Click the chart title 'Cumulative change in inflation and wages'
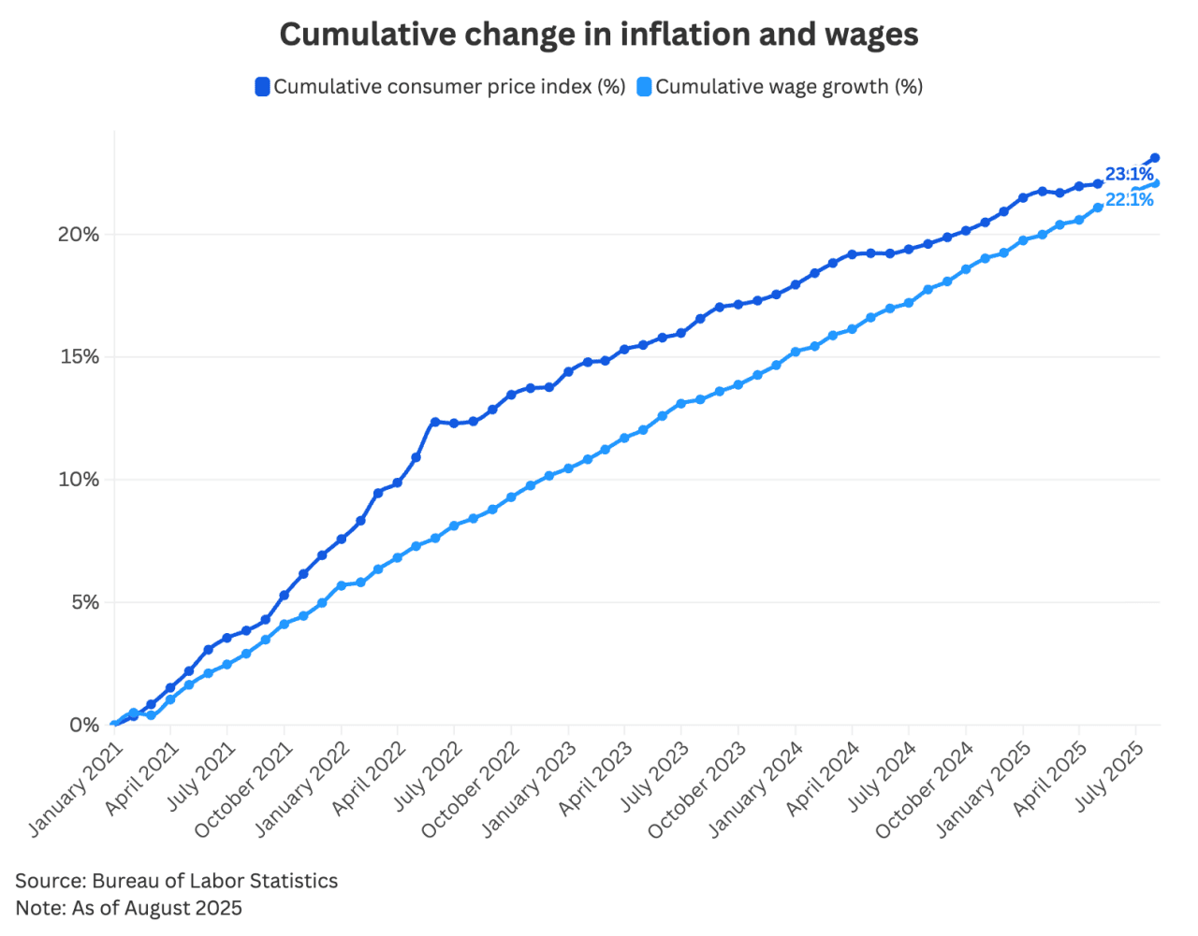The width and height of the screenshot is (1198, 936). pos(599,35)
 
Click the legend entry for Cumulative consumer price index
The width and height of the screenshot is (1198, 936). pos(440,87)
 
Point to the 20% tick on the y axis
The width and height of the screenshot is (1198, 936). pos(79,235)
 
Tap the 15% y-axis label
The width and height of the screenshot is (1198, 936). pos(80,357)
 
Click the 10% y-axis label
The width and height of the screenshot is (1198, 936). pos(79,480)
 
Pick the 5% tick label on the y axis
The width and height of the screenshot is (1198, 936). pos(83,602)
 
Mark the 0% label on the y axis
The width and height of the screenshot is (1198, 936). pos(84,725)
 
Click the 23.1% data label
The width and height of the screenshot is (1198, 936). pos(1129,175)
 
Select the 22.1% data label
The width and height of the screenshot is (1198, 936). pos(1129,199)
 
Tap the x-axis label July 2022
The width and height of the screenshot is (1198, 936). pos(427,776)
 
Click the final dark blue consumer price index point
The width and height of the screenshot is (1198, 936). pos(1155,158)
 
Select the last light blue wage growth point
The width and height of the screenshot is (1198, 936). pos(1155,183)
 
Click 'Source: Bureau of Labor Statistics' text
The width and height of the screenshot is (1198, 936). pos(176,881)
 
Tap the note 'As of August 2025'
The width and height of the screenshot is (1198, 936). pos(128,908)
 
